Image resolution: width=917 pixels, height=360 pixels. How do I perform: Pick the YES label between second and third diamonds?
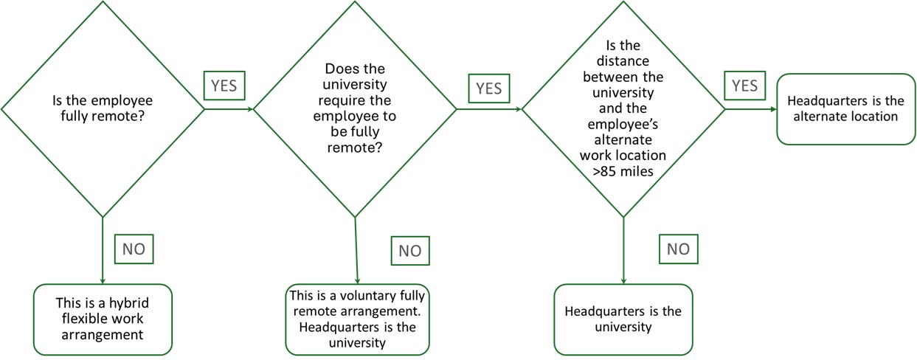(488, 89)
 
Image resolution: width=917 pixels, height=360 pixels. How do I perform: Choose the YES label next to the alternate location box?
(744, 86)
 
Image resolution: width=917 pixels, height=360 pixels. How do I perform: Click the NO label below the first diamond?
(134, 249)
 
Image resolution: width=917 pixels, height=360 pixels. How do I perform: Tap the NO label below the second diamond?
(409, 251)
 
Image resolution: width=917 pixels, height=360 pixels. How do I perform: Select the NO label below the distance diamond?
(677, 249)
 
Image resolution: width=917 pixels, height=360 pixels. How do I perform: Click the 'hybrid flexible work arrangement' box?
(103, 319)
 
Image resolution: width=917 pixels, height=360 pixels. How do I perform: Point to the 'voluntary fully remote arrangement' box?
(358, 319)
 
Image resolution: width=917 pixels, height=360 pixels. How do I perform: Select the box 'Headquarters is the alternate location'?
(841, 109)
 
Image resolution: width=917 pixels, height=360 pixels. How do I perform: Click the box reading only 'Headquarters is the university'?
(623, 319)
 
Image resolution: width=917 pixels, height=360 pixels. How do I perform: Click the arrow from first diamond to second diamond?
(229, 109)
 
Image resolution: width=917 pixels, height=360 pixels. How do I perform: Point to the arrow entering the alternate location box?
(751, 109)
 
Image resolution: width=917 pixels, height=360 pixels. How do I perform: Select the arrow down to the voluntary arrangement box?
(356, 251)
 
